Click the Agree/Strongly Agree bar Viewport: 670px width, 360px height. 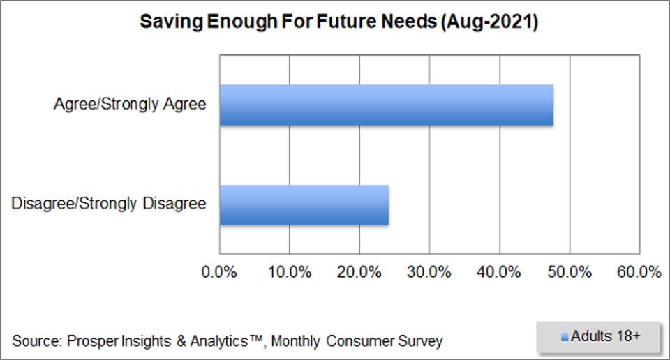tap(387, 105)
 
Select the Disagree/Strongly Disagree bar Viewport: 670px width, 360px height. tap(304, 205)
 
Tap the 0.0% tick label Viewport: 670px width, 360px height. tap(220, 272)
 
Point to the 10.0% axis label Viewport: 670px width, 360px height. tap(290, 272)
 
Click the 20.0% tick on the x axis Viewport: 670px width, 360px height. tap(359, 272)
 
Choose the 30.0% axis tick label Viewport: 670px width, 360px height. tap(430, 272)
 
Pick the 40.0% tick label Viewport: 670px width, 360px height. tap(500, 272)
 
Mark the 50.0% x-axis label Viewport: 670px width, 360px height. tap(570, 272)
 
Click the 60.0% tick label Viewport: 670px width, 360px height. tap(639, 272)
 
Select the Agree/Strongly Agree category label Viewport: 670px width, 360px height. tap(130, 105)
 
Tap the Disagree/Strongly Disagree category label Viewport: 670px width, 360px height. tap(109, 204)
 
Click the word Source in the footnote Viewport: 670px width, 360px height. tap(36, 342)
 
